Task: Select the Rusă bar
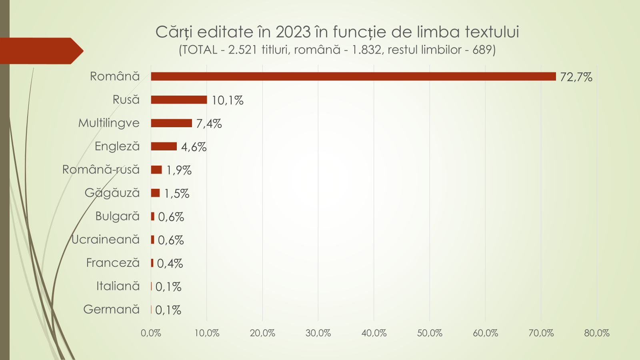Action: pos(179,100)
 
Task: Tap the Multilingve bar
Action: pos(171,123)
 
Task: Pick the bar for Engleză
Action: pos(164,146)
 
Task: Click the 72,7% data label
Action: pos(576,77)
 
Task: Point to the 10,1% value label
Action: pos(227,100)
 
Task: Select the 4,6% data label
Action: pos(194,147)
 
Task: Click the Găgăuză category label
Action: pos(112,193)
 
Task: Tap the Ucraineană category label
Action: pos(106,239)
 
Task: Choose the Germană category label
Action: pos(111,309)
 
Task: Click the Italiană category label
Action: pos(118,286)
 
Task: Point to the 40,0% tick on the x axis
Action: pos(374,333)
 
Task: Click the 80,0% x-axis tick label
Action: pos(597,333)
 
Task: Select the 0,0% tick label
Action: pos(151,333)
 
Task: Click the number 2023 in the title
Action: pos(293,32)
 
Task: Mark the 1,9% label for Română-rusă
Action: pos(179,170)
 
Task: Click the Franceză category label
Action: pos(113,263)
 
